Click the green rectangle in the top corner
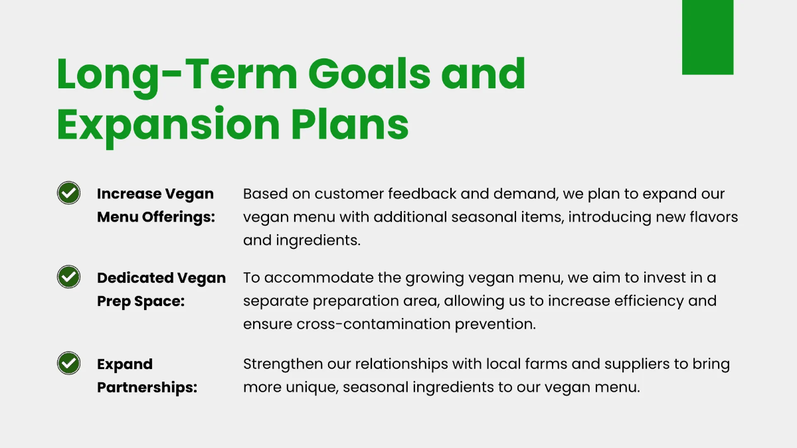click(x=707, y=37)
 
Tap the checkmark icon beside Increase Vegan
click(x=68, y=192)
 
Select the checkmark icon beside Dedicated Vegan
click(x=68, y=277)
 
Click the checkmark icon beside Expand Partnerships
click(x=68, y=363)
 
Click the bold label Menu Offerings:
click(x=156, y=217)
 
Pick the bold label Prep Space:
click(x=141, y=301)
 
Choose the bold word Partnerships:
click(x=147, y=388)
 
